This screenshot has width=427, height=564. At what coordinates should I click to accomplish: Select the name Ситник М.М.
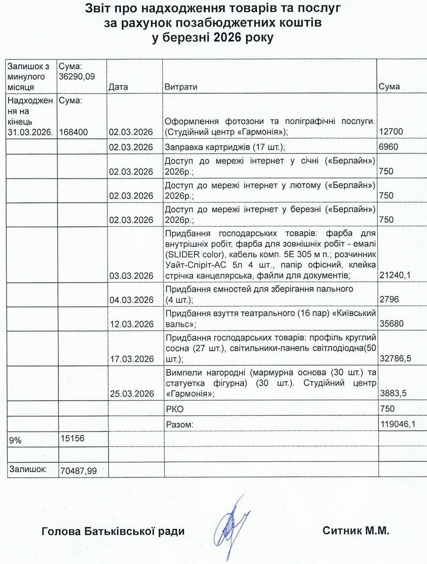point(355,531)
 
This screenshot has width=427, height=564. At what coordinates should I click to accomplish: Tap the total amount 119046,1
point(398,424)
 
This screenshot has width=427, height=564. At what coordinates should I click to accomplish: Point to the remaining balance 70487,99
point(79,471)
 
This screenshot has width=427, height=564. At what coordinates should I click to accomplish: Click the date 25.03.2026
point(130,394)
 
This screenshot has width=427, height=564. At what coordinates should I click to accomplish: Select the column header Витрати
point(181,87)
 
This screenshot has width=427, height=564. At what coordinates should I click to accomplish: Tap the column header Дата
point(118,87)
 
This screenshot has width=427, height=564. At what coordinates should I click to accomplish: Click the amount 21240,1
point(395,276)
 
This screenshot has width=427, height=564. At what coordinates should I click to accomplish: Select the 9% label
point(15,440)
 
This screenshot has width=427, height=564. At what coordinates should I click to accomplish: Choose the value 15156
point(73,439)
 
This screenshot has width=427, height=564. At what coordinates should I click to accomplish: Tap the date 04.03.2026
point(130,300)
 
